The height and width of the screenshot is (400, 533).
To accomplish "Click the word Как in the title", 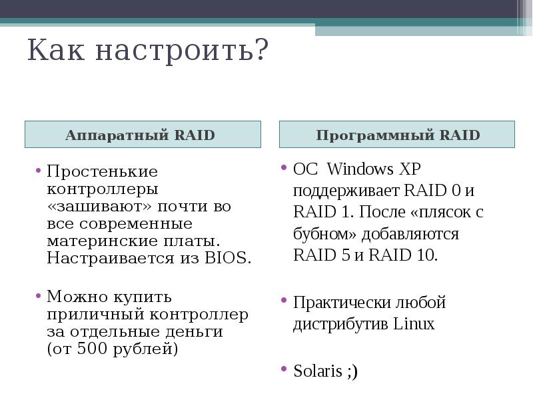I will (x=55, y=51).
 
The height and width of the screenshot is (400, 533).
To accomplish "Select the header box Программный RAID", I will (x=397, y=135).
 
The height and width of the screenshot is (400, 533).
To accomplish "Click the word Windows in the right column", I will (x=361, y=169).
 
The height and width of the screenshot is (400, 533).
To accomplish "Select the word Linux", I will (x=413, y=325).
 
